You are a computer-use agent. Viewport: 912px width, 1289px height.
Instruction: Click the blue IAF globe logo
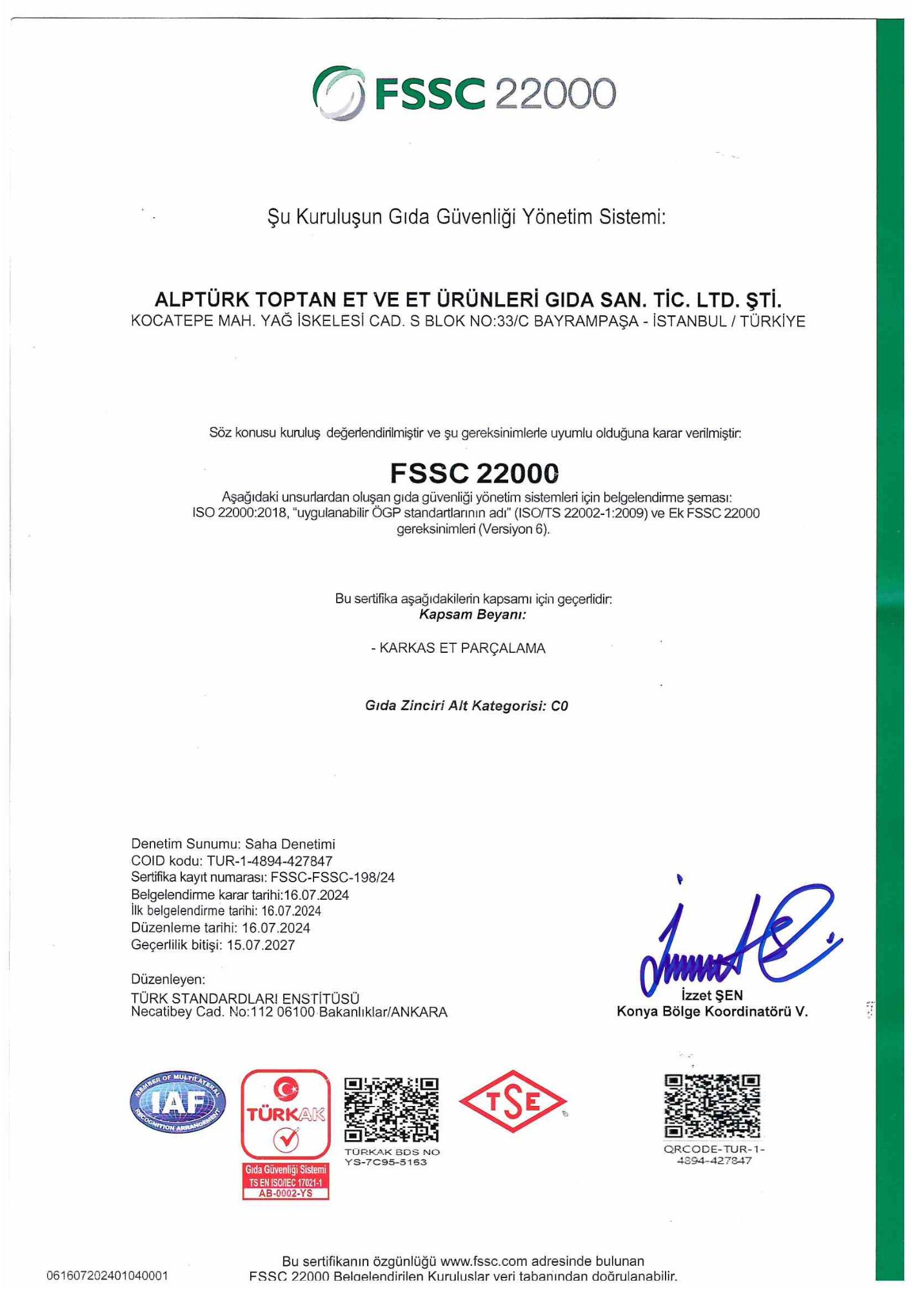point(178,1103)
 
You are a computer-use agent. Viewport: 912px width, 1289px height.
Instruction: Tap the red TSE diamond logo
point(513,1101)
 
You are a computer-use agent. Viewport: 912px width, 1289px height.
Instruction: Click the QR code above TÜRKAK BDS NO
point(392,1109)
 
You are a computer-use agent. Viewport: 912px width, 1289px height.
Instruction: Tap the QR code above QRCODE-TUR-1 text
point(713,1106)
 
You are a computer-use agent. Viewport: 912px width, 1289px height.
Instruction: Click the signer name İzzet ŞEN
point(712,995)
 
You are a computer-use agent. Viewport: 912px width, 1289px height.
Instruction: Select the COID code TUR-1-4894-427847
point(270,861)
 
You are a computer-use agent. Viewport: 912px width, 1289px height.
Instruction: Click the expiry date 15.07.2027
point(261,945)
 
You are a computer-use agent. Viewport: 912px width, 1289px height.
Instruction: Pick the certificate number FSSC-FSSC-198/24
point(333,877)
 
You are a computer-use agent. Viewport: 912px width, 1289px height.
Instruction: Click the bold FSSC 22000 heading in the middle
point(474,473)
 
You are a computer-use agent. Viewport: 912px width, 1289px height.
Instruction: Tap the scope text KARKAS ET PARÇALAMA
point(462,648)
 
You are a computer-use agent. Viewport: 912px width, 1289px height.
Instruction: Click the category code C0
point(559,706)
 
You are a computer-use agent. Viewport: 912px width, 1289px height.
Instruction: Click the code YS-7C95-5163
point(386,1162)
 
